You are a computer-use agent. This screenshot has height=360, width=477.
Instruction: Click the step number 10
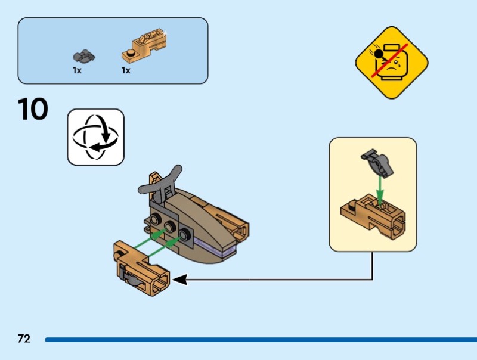pyautogui.click(x=33, y=109)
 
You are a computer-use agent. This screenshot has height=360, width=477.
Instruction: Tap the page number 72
pyautogui.click(x=24, y=339)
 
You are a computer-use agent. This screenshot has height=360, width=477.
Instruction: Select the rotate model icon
pyautogui.click(x=95, y=137)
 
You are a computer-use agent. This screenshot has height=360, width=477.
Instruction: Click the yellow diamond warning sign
pyautogui.click(x=392, y=63)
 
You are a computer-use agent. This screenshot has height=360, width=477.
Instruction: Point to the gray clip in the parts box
pyautogui.click(x=83, y=56)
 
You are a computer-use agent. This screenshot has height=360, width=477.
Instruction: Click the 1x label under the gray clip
pyautogui.click(x=77, y=70)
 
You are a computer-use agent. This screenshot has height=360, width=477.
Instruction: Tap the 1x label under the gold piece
pyautogui.click(x=126, y=70)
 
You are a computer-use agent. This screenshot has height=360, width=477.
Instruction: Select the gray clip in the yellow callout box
pyautogui.click(x=377, y=163)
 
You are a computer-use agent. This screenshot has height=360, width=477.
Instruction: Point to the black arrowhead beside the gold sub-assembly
pyautogui.click(x=179, y=280)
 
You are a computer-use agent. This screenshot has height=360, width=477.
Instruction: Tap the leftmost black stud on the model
pyautogui.click(x=156, y=219)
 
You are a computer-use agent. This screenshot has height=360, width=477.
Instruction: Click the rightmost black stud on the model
pyautogui.click(x=184, y=234)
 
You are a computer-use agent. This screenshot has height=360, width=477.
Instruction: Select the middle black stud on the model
pyautogui.click(x=169, y=226)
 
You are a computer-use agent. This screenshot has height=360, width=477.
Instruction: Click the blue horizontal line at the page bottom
pyautogui.click(x=261, y=340)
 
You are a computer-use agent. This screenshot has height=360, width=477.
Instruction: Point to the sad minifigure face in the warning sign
pyautogui.click(x=391, y=63)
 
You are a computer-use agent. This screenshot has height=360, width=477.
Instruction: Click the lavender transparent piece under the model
pyautogui.click(x=215, y=247)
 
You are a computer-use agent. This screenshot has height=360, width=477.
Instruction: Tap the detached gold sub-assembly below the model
pyautogui.click(x=141, y=268)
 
